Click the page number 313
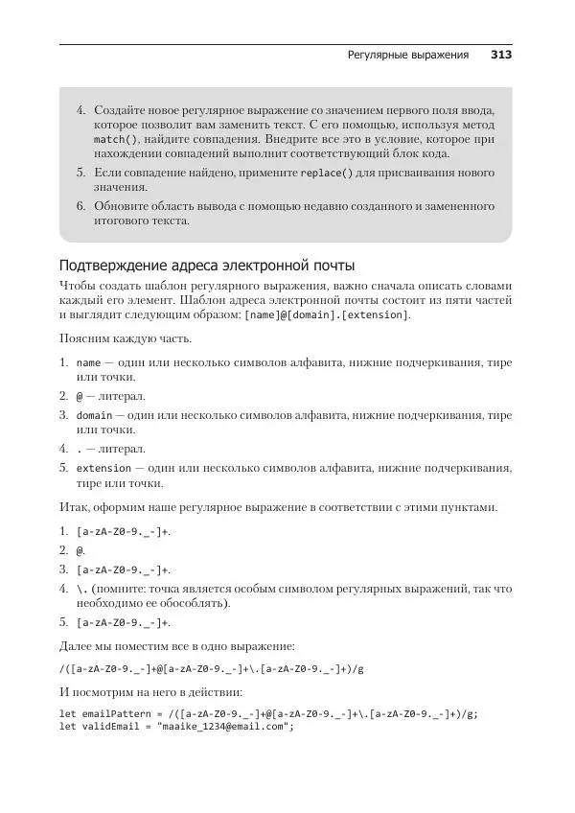[x=501, y=56]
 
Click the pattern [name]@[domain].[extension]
[x=328, y=315]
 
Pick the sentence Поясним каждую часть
[x=125, y=339]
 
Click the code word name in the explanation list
[x=88, y=363]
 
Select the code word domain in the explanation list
[x=94, y=416]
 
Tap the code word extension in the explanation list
[x=103, y=468]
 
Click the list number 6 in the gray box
[x=81, y=206]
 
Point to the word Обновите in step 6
[x=122, y=206]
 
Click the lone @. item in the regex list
[x=81, y=550]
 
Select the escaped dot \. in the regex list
[x=81, y=588]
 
